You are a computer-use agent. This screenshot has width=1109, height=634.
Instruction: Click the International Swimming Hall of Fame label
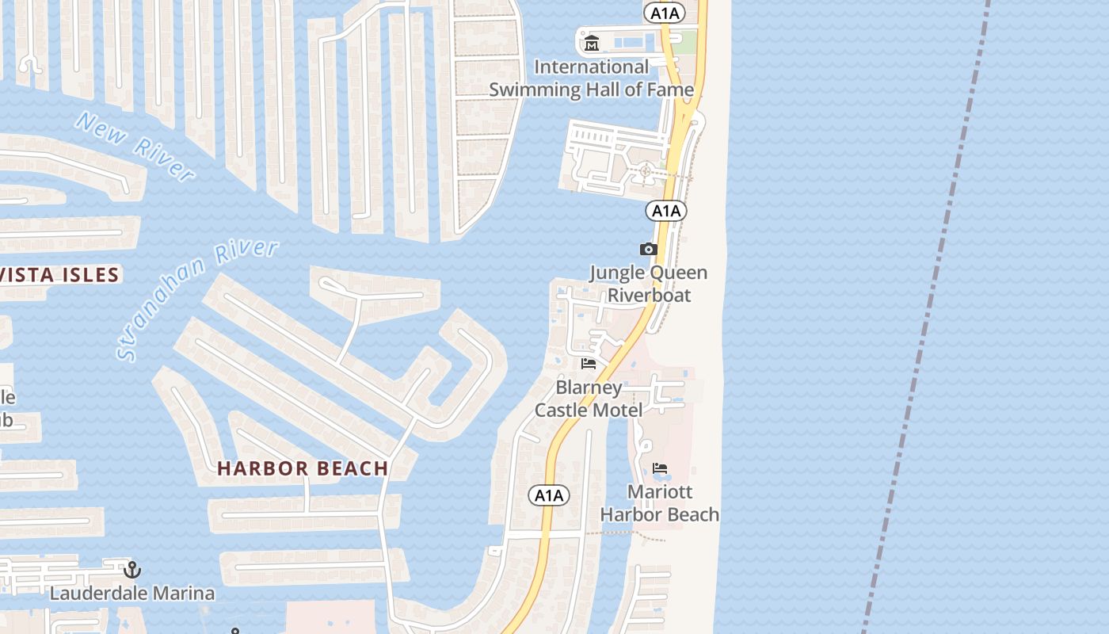[591, 78]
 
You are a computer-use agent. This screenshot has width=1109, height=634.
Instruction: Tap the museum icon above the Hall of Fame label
[591, 44]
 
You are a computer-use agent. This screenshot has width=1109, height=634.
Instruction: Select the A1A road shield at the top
[664, 13]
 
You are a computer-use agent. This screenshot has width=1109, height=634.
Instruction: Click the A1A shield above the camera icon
[665, 211]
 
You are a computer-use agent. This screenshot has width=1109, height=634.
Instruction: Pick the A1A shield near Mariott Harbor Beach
[549, 496]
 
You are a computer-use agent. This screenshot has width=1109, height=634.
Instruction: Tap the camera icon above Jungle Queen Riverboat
[649, 249]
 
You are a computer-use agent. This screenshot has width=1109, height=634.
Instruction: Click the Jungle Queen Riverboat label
[649, 284]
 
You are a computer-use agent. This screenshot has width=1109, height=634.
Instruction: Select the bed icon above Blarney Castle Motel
[589, 364]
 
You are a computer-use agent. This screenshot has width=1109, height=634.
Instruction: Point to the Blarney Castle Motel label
[589, 399]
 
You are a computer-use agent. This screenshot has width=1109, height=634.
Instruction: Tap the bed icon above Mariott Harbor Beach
[660, 468]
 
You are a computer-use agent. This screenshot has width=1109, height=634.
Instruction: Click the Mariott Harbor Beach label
[660, 503]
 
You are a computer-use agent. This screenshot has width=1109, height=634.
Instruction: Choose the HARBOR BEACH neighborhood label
[303, 468]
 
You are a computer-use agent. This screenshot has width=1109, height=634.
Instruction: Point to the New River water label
[135, 147]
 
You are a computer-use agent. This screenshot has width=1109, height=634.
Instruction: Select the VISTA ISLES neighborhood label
[60, 276]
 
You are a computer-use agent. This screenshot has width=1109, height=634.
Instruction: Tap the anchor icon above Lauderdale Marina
[132, 569]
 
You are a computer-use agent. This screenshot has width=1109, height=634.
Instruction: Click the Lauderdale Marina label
[132, 593]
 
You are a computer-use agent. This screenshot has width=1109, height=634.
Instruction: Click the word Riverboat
[649, 296]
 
